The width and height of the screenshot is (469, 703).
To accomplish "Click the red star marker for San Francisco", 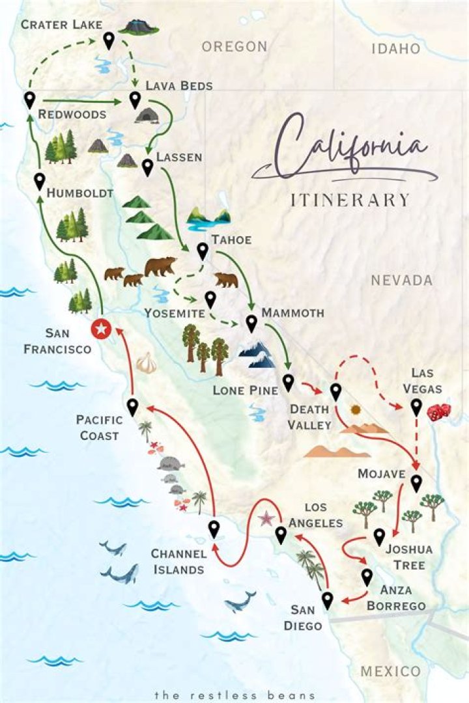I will (x=100, y=329).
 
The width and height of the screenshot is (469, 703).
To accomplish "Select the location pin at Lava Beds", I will (x=135, y=100).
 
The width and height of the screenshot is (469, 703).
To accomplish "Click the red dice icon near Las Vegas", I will (x=438, y=411).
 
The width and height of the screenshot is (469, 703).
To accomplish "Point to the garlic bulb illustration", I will (x=147, y=363).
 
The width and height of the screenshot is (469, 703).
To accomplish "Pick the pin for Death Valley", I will (x=335, y=392).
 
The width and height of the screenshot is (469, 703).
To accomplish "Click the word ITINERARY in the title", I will (x=350, y=199).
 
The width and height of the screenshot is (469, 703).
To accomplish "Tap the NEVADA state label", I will (x=401, y=281).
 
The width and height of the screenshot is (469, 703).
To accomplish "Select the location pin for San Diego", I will (x=328, y=600).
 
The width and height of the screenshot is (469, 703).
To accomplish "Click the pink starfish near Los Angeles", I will (x=266, y=519).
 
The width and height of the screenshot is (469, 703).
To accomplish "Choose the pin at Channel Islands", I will (x=214, y=529).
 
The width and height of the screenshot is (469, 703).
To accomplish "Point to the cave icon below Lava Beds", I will (x=147, y=115).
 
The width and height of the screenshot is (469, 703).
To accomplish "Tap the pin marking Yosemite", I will (x=210, y=299).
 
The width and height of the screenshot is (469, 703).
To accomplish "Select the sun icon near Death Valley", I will (x=355, y=410).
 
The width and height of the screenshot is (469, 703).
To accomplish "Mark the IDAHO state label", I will (x=395, y=49).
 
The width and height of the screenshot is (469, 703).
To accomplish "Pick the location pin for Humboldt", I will (x=40, y=181).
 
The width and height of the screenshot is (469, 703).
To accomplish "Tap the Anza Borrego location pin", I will (x=367, y=577).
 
